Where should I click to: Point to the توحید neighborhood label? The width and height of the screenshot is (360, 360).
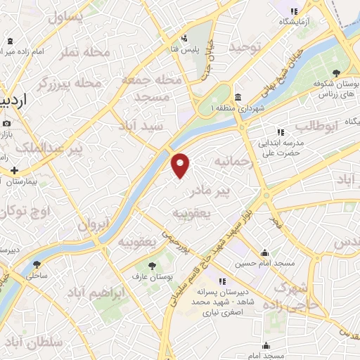248,46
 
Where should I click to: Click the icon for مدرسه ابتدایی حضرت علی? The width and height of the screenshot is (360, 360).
281,131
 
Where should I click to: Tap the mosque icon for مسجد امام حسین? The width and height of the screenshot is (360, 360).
265,253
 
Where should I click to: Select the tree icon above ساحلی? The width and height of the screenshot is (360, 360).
37,265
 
